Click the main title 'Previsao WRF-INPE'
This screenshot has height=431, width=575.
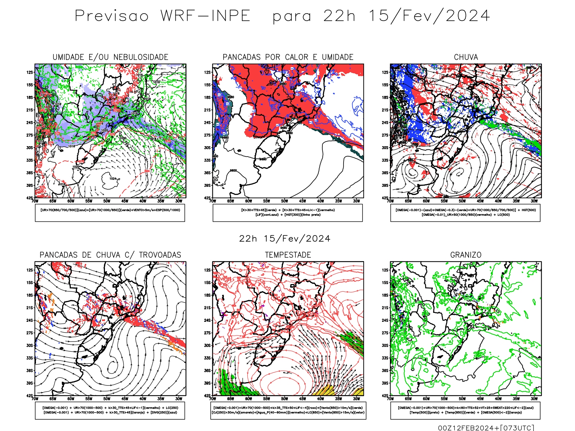click(x=162, y=16)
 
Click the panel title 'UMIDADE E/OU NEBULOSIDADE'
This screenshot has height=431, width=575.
click(x=110, y=57)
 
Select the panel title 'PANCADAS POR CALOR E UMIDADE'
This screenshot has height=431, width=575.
click(x=288, y=57)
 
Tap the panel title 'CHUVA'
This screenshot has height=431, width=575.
click(x=466, y=57)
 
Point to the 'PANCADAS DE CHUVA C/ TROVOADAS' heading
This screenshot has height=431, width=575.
click(x=110, y=255)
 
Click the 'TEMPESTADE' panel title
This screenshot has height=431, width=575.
click(x=288, y=255)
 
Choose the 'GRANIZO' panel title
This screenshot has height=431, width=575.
click(x=466, y=255)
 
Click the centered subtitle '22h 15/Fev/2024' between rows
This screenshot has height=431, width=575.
click(x=285, y=239)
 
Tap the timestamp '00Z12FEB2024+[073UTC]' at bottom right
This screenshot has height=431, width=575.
click(x=486, y=428)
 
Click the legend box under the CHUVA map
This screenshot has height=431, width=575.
click(x=465, y=213)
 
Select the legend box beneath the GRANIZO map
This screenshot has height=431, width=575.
click(x=465, y=410)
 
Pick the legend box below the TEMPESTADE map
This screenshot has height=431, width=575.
click(x=288, y=410)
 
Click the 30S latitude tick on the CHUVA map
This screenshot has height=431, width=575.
click(x=385, y=148)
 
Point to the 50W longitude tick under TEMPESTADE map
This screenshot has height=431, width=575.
click(x=284, y=399)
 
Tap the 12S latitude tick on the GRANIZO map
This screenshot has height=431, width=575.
click(x=385, y=270)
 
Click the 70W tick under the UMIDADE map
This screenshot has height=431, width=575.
click(x=35, y=201)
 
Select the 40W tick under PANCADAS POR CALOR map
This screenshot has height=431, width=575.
click(x=320, y=201)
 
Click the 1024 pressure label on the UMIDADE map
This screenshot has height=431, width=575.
click(x=112, y=179)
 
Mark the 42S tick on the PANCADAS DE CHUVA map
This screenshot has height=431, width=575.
click(x=29, y=396)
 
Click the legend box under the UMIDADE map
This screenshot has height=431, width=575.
click(x=110, y=213)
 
